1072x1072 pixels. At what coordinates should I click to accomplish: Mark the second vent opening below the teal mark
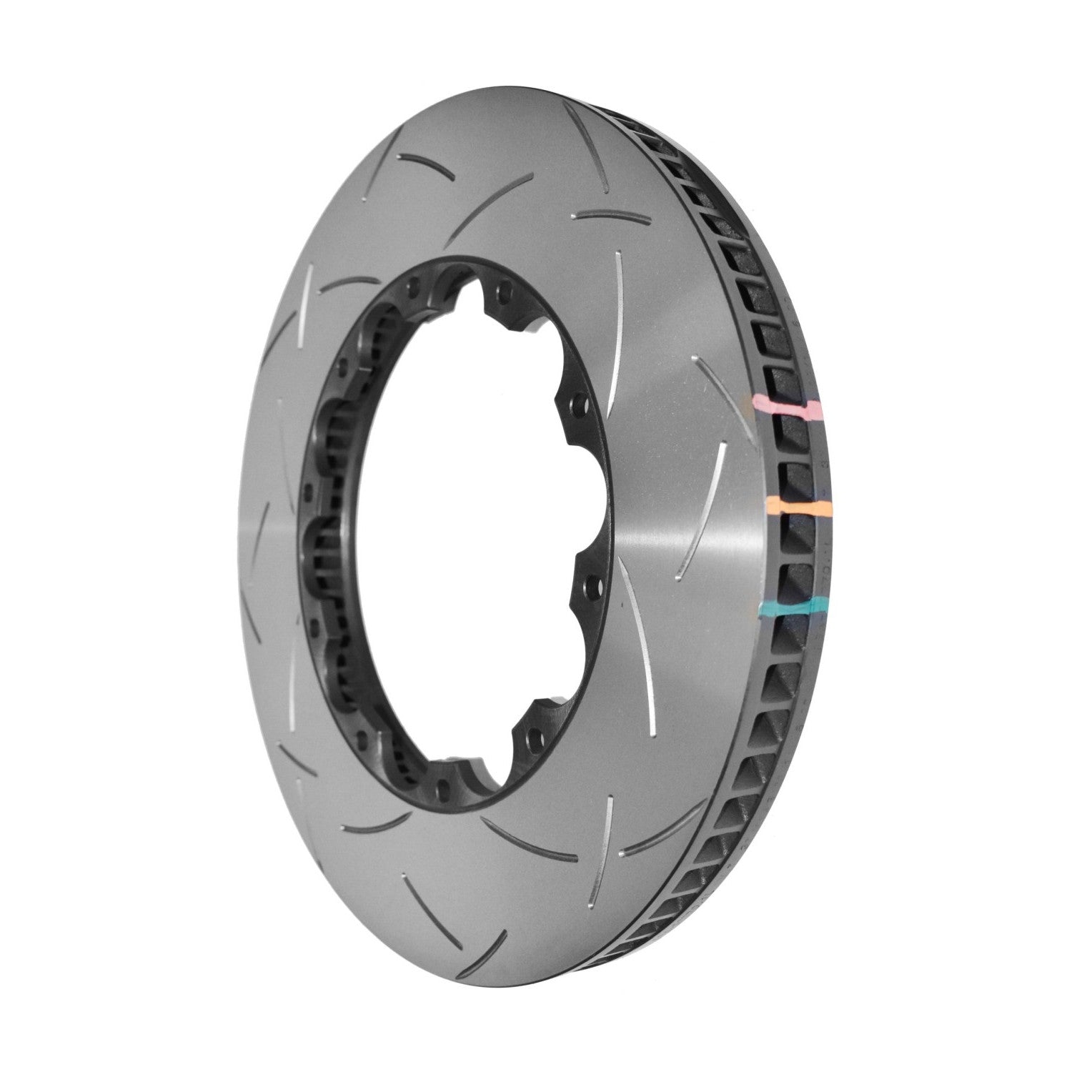point(783,661)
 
